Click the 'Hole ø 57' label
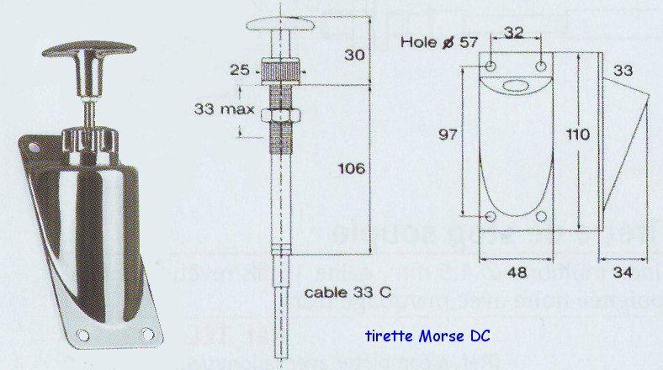point(435,41)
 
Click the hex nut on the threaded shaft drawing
point(281,115)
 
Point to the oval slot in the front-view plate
point(516,85)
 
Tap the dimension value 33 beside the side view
point(623,72)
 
